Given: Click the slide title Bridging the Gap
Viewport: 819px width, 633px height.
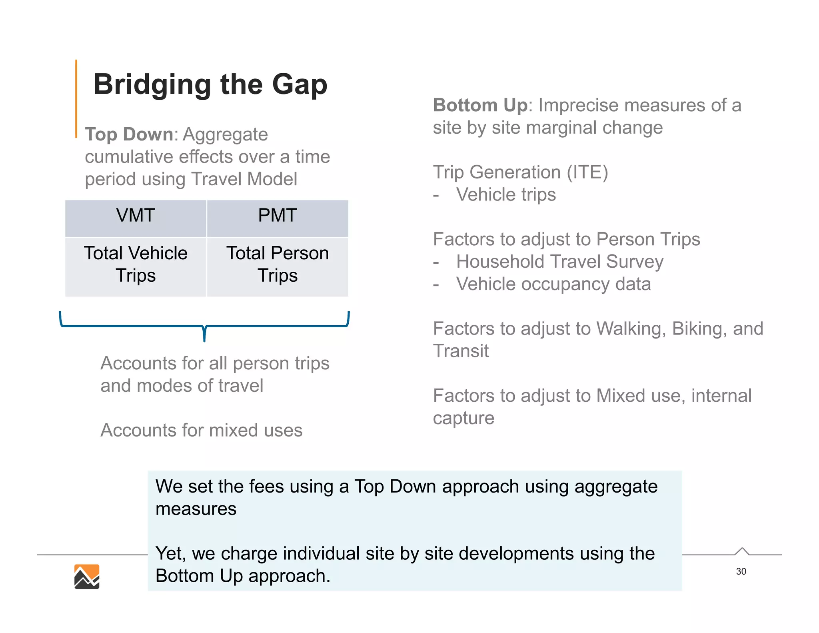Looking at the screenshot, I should pyautogui.click(x=210, y=84).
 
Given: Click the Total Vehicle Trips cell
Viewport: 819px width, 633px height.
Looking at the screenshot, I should pyautogui.click(x=136, y=264).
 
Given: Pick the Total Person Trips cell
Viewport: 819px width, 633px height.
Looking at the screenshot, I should pyautogui.click(x=277, y=264).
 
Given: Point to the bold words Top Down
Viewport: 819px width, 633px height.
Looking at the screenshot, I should pyautogui.click(x=129, y=134).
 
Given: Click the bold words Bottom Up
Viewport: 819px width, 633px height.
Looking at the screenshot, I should pyautogui.click(x=480, y=106).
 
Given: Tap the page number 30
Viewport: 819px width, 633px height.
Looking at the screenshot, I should pyautogui.click(x=741, y=571).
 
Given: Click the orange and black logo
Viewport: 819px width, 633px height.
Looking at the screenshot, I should pyautogui.click(x=87, y=577).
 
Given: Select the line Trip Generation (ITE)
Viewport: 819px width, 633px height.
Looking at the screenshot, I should pyautogui.click(x=520, y=172).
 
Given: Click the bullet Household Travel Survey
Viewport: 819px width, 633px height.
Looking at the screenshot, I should pyautogui.click(x=559, y=262).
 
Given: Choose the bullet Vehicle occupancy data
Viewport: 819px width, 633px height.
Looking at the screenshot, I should pyautogui.click(x=553, y=284).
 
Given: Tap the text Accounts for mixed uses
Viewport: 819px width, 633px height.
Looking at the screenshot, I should pyautogui.click(x=201, y=431).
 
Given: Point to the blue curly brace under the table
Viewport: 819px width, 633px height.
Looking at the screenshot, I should pyautogui.click(x=204, y=326).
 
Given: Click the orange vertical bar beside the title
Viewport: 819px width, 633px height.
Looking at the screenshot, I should pyautogui.click(x=76, y=98).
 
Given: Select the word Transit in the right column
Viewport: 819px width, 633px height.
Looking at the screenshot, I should pyautogui.click(x=461, y=351).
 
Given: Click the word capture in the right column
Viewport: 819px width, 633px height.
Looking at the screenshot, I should pyautogui.click(x=463, y=419).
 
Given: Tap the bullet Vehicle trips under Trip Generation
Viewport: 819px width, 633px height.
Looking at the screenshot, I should pyautogui.click(x=506, y=195).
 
